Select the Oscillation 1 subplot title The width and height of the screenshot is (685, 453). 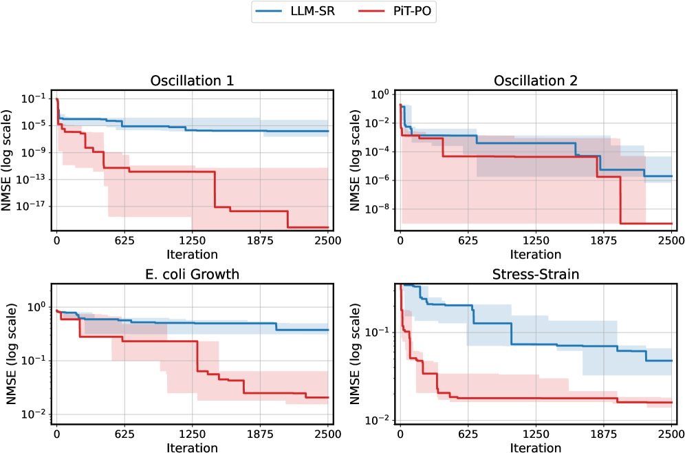(x=193, y=81)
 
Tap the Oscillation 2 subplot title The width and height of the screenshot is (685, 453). (x=536, y=81)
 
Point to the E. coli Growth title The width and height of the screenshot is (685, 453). (x=193, y=274)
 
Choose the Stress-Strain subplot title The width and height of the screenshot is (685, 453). (x=536, y=274)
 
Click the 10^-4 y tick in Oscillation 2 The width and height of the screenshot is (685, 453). (x=380, y=151)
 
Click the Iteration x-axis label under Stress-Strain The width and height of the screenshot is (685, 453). (x=536, y=447)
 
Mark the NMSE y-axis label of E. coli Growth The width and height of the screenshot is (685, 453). (x=12, y=354)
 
